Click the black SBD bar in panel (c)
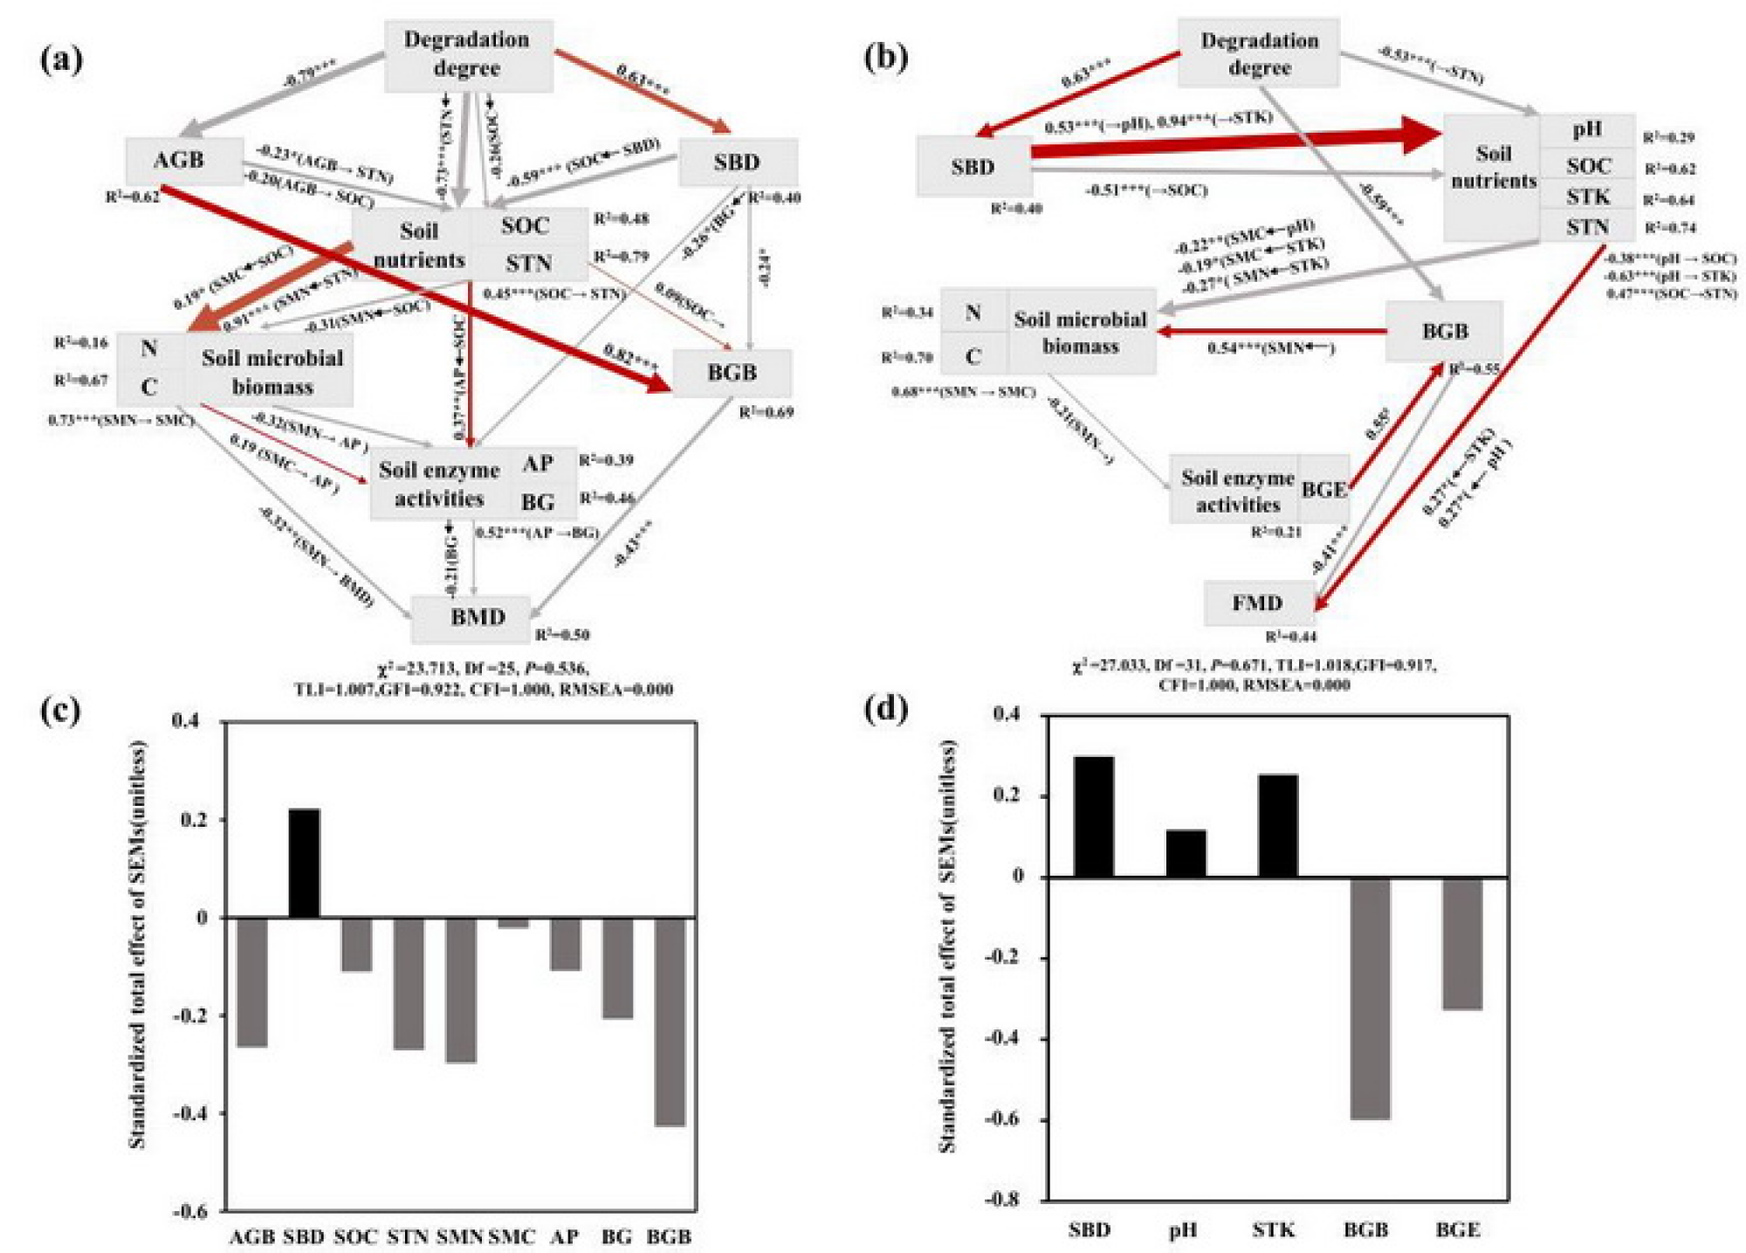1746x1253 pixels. tap(304, 863)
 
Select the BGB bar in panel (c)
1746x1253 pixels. tap(670, 1022)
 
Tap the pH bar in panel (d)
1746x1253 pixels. tap(1186, 853)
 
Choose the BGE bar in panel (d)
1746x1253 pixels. tap(1461, 943)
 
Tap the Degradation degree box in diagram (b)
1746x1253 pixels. tap(1258, 53)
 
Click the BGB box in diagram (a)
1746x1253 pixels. tap(732, 373)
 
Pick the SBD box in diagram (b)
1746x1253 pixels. tap(973, 166)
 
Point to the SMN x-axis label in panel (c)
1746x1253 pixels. tap(459, 1236)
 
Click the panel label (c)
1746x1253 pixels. tap(60, 711)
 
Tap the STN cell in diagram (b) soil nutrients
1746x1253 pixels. tap(1586, 228)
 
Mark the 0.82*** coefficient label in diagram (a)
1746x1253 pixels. tap(629, 357)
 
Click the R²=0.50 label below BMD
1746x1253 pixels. tap(562, 635)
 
